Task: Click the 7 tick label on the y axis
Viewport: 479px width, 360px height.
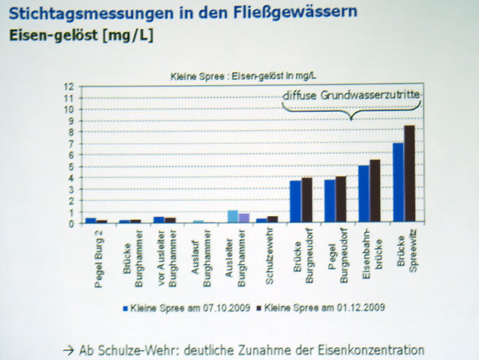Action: coord(70,144)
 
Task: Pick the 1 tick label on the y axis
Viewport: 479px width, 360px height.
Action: coord(70,212)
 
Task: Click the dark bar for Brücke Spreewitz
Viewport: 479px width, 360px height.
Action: coord(410,174)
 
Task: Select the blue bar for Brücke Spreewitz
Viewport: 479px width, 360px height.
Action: coord(398,183)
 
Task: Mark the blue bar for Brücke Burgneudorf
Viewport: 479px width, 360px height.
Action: coord(295,202)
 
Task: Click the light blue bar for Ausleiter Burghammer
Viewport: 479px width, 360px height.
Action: coord(233,216)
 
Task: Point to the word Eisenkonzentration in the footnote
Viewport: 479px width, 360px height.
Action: coord(366,349)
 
